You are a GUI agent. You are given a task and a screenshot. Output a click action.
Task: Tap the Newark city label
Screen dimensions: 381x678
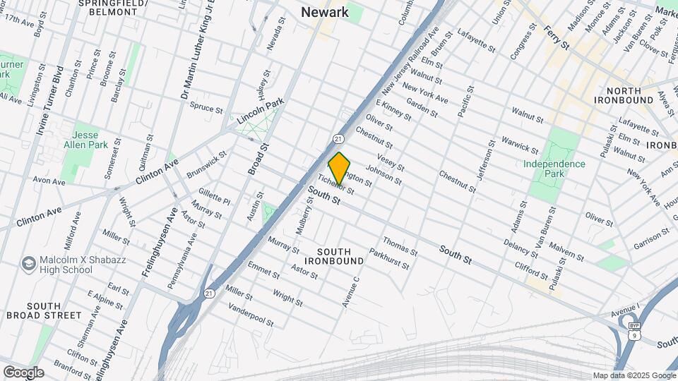pyautogui.click(x=324, y=12)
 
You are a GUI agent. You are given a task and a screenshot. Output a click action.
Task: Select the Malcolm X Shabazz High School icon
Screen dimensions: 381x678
pyautogui.click(x=29, y=264)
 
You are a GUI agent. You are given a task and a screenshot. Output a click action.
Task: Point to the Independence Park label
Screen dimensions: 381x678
pyautogui.click(x=554, y=169)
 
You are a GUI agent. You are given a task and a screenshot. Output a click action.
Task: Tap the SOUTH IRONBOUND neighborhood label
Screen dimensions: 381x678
pyautogui.click(x=340, y=256)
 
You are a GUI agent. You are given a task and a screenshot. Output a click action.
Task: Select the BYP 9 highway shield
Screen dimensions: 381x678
pyautogui.click(x=634, y=331)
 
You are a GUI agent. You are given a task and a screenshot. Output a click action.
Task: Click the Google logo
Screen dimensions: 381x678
pyautogui.click(x=23, y=373)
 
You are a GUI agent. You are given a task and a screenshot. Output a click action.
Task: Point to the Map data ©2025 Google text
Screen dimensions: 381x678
pyautogui.click(x=634, y=375)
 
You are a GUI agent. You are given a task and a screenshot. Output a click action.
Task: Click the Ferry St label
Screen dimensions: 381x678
pyautogui.click(x=557, y=37)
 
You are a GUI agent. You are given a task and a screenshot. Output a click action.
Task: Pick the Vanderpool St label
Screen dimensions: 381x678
pyautogui.click(x=251, y=315)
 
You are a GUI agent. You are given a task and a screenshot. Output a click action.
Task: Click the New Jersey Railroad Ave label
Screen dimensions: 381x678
pyautogui.click(x=410, y=61)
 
